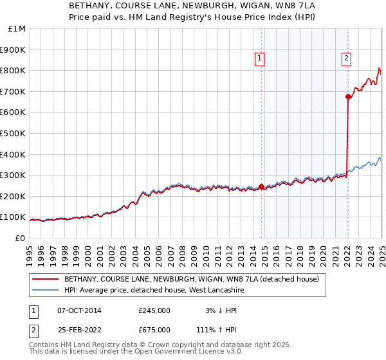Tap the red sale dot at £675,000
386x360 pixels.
coord(348,96)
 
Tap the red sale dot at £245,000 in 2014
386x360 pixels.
coord(262,187)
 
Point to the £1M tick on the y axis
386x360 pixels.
coord(17,29)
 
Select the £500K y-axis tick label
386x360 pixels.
coord(13,134)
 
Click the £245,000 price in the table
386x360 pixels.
coord(154,310)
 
